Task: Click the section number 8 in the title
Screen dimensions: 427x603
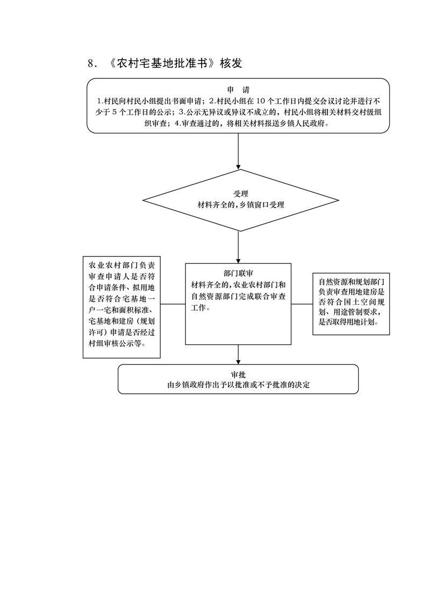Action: (x=91, y=63)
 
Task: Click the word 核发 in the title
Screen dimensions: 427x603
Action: (x=231, y=63)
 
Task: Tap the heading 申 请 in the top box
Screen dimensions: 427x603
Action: (x=238, y=90)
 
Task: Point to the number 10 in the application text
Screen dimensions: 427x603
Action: (x=260, y=101)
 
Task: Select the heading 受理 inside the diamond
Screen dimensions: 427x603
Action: (x=241, y=194)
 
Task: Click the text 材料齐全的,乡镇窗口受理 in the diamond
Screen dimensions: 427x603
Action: (x=241, y=205)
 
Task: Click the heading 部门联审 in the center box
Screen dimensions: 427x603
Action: (x=238, y=274)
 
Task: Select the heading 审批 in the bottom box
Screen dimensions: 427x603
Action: (x=238, y=375)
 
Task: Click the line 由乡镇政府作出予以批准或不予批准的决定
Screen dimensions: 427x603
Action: (x=238, y=385)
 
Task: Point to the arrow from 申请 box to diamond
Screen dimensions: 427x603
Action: (x=238, y=151)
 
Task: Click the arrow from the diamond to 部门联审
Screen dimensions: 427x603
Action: (x=238, y=247)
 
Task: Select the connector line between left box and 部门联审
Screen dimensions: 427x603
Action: (x=173, y=304)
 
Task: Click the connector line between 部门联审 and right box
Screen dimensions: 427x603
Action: (x=302, y=304)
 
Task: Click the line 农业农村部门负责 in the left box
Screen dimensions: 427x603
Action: (x=122, y=265)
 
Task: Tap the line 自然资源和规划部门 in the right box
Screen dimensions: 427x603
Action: (x=352, y=282)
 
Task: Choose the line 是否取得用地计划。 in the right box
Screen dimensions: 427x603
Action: (x=348, y=322)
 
